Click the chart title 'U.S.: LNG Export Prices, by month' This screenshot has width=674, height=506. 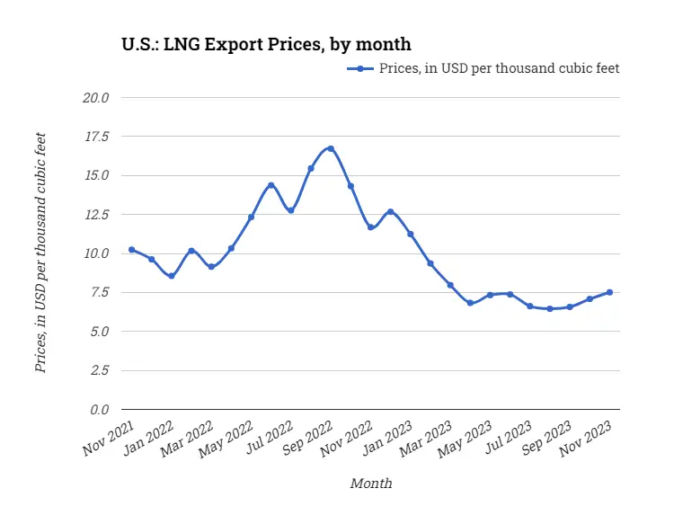click(x=267, y=43)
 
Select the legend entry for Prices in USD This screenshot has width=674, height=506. click(x=483, y=68)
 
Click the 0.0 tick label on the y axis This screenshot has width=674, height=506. click(x=99, y=410)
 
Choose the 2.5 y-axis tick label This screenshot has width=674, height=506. click(x=99, y=370)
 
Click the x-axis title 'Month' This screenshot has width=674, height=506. click(x=370, y=484)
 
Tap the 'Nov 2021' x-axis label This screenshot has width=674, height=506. click(x=109, y=435)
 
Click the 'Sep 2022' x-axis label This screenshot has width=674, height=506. click(x=307, y=435)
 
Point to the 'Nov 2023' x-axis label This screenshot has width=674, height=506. click(x=587, y=435)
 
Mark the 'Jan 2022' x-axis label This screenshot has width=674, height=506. click(x=148, y=435)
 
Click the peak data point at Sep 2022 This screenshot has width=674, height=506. click(x=331, y=148)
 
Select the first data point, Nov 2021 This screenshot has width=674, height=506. click(x=131, y=250)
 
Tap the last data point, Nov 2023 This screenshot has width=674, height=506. click(x=610, y=292)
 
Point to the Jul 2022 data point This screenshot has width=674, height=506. click(x=290, y=210)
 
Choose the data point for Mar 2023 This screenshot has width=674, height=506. click(x=450, y=285)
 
